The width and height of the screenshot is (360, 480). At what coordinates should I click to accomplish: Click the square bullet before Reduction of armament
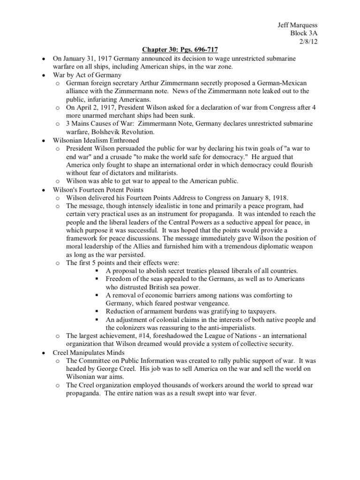pos(97,311)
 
